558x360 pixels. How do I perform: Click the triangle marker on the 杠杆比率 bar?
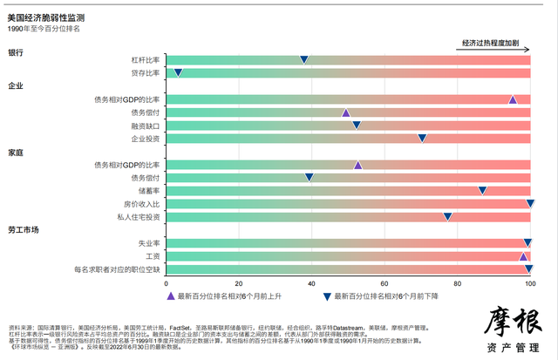click(304, 59)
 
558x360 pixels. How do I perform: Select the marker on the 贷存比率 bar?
click(178, 72)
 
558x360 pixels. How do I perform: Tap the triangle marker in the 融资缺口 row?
click(357, 126)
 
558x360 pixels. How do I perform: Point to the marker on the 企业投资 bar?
click(422, 138)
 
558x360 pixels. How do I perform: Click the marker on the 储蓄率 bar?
click(482, 190)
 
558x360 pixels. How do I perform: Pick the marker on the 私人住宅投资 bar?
click(448, 216)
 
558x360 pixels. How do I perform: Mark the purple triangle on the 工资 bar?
click(523, 256)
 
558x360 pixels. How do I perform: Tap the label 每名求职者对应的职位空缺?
click(119, 269)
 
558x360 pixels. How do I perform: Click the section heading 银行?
click(16, 52)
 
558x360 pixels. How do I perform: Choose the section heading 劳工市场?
click(24, 230)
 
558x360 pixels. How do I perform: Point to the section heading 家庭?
click(16, 152)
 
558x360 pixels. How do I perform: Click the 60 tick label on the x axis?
click(414, 283)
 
